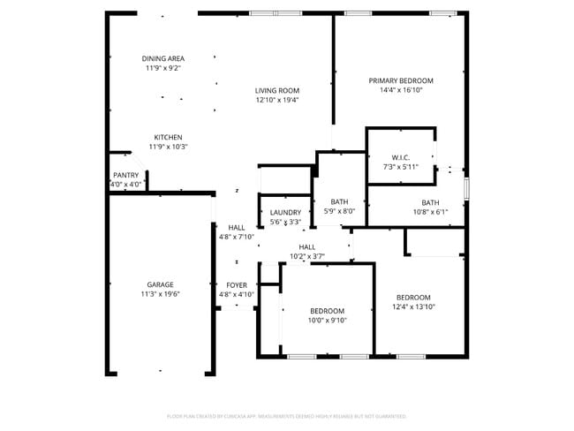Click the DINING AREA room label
pos(163,58)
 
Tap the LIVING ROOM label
pos(277,90)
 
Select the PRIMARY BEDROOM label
pos(401,80)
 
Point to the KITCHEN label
pos(168,137)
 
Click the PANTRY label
pos(125,175)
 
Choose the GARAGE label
pos(160,284)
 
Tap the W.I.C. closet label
pos(400,157)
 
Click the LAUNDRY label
pos(285,213)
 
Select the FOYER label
pos(236,285)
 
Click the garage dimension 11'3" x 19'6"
pos(160,294)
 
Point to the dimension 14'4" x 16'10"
pos(401,90)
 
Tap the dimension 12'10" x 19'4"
pos(277,100)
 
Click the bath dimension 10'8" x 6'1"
pos(430,212)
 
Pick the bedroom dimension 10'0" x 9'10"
pos(327,320)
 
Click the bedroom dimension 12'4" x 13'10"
pos(413,306)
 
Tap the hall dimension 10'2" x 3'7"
pos(307,256)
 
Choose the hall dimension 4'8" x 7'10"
pos(236,237)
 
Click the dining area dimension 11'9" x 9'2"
pos(163,68)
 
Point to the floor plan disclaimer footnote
pos(286,415)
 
